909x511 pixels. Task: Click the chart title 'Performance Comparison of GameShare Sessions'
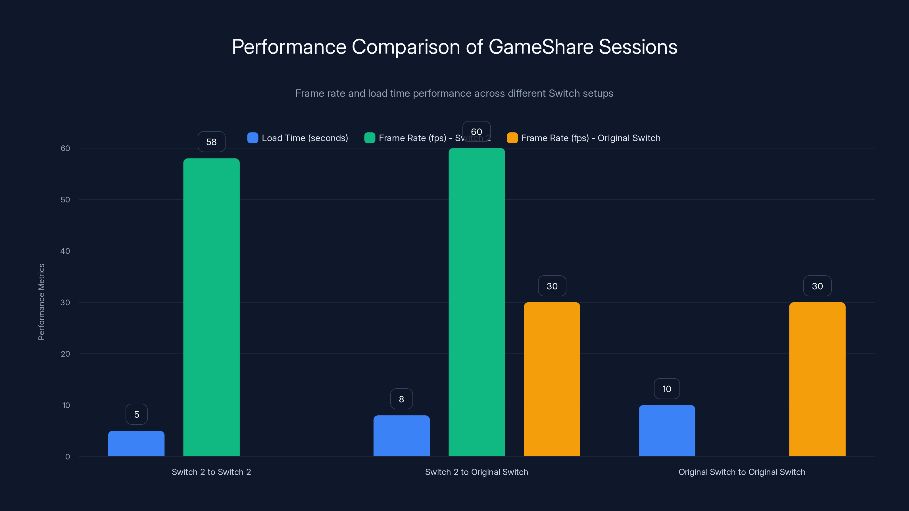pos(454,47)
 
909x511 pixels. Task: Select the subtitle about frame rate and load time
pos(454,93)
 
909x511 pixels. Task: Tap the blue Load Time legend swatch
pos(253,138)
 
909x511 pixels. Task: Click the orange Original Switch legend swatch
pos(512,138)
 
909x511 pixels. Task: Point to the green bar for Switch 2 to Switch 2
pos(211,307)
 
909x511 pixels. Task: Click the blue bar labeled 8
pos(402,435)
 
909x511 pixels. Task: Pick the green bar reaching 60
pos(477,302)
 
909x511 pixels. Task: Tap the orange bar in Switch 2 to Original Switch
pos(552,379)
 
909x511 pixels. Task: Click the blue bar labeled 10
pos(667,431)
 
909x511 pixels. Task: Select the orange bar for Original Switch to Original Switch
pos(817,379)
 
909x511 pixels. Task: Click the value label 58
pos(211,142)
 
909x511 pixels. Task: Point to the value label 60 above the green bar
pos(476,131)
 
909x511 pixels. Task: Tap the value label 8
pos(402,399)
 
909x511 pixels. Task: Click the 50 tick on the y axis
pos(65,200)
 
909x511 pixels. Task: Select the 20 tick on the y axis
pos(65,354)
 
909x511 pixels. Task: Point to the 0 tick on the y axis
pos(67,457)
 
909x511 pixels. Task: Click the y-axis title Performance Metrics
pos(41,302)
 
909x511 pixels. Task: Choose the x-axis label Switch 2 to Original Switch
pos(476,472)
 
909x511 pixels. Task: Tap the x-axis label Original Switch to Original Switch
pos(742,472)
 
